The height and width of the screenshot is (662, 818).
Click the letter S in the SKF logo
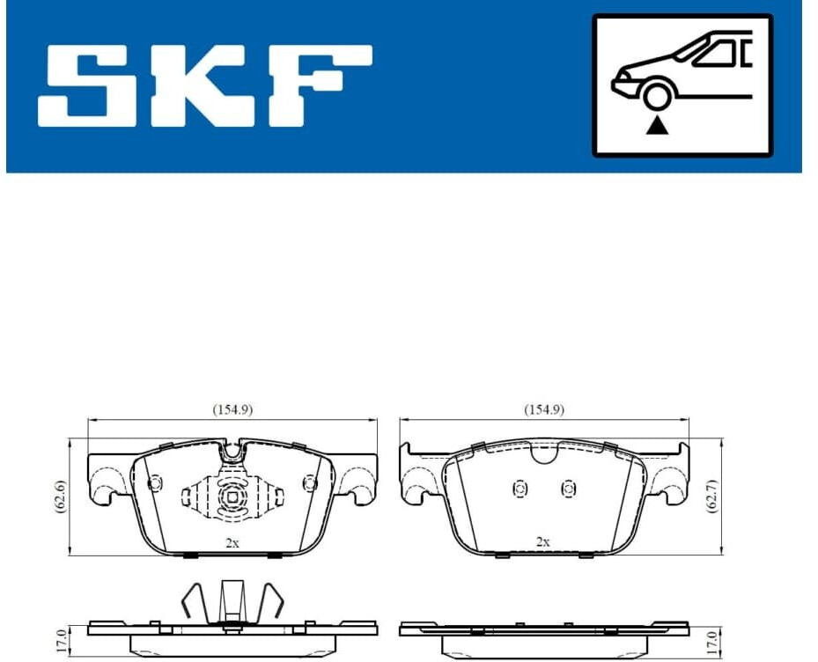pyautogui.click(x=89, y=85)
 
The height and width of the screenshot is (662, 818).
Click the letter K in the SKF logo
pyautogui.click(x=201, y=85)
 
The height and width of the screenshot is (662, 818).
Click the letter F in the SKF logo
pyautogui.click(x=319, y=85)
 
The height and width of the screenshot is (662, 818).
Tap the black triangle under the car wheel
pyautogui.click(x=657, y=126)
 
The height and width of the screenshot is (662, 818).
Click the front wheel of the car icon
pyautogui.click(x=657, y=96)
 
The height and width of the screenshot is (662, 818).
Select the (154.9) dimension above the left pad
pyautogui.click(x=232, y=410)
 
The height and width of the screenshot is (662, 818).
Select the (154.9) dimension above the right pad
pyautogui.click(x=544, y=410)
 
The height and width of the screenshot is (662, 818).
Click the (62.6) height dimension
pyautogui.click(x=61, y=496)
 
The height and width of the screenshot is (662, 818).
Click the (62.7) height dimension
pyautogui.click(x=712, y=496)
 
